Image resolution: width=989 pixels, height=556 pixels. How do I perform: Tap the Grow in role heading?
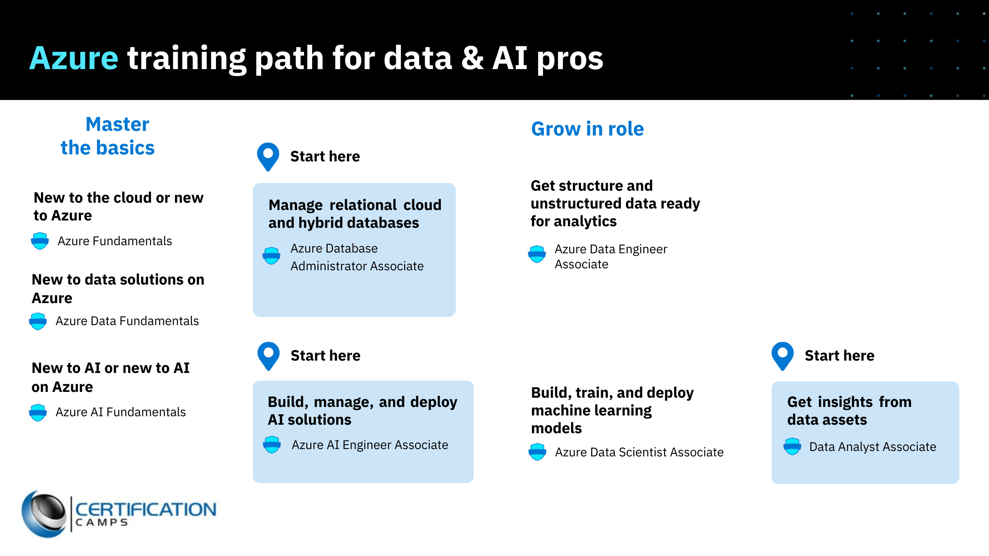coord(587,129)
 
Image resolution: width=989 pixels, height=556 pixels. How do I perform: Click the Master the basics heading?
coord(108,136)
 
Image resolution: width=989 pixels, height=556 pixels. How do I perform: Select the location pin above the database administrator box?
coord(268,156)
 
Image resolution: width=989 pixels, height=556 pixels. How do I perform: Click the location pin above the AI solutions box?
coord(268,355)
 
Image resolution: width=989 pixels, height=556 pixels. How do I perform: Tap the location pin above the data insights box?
coord(782,355)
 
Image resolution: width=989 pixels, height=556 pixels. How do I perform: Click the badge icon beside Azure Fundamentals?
coord(40,241)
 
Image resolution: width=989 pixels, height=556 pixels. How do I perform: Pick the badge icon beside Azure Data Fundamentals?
coord(38,321)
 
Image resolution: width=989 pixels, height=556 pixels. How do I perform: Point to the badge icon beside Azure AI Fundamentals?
coord(38,412)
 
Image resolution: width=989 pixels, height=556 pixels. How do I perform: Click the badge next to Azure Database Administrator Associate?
coord(272,256)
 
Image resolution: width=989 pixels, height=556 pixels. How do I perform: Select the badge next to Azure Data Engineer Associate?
coord(537,254)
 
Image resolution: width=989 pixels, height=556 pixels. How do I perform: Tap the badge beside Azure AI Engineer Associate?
coord(272,444)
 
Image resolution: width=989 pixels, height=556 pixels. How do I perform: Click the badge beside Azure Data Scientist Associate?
coord(537,452)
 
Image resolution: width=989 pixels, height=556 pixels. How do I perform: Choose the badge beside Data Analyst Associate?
coord(792,446)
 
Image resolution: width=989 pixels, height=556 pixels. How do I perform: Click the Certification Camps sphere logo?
coord(44,514)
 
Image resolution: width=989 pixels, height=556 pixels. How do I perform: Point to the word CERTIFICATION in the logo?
coord(146,509)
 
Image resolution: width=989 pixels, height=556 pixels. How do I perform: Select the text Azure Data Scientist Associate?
coord(639,452)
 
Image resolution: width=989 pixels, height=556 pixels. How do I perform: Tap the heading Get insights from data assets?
coord(849,411)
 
